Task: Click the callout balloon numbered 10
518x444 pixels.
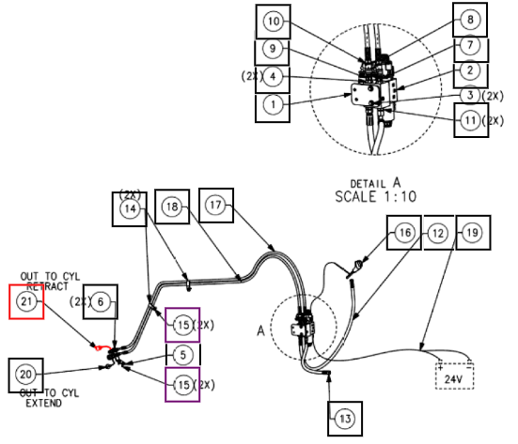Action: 274,22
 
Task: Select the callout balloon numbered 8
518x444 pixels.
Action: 470,20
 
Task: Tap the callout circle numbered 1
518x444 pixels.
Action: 273,105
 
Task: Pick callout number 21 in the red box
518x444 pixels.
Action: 26,301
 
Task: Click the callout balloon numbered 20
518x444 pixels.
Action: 25,375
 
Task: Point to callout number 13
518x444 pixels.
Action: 345,419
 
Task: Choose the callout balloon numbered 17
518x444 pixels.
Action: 215,205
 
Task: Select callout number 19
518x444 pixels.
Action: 472,233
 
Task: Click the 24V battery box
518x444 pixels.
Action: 455,375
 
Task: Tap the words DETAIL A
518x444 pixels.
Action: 376,183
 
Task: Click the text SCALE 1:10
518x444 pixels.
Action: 376,197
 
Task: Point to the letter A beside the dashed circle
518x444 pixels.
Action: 261,330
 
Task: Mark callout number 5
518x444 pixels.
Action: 182,355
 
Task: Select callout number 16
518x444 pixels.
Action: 405,233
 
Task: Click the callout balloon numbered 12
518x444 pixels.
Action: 438,233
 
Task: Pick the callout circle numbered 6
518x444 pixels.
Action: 100,301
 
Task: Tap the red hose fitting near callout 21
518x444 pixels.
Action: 102,347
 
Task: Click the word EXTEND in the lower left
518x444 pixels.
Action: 43,403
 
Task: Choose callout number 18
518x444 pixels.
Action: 172,207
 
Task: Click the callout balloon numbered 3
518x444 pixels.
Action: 470,96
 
